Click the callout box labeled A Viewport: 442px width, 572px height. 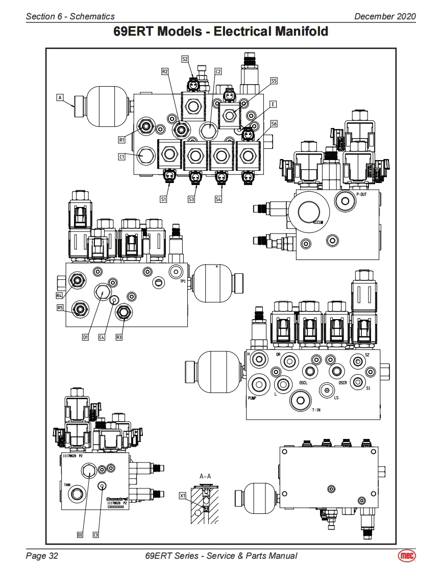click(60, 96)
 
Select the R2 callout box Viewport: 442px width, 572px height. click(164, 72)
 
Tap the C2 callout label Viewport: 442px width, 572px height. click(217, 72)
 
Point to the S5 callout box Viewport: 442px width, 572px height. click(274, 81)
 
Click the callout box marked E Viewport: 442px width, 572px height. click(274, 104)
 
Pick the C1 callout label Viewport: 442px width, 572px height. click(121, 157)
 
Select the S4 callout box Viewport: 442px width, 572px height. click(218, 199)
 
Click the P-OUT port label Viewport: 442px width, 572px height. click(361, 194)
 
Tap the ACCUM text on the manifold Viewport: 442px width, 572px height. click(320, 222)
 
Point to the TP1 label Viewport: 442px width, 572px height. click(183, 280)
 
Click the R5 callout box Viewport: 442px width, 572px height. click(60, 307)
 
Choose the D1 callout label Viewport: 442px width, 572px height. click(85, 337)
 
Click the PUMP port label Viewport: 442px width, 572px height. click(252, 398)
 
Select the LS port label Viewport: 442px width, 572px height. click(336, 398)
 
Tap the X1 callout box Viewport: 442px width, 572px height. click(182, 495)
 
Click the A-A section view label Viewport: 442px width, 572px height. click(205, 476)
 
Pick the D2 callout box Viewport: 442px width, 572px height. click(80, 534)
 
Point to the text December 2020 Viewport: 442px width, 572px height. click(385, 16)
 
